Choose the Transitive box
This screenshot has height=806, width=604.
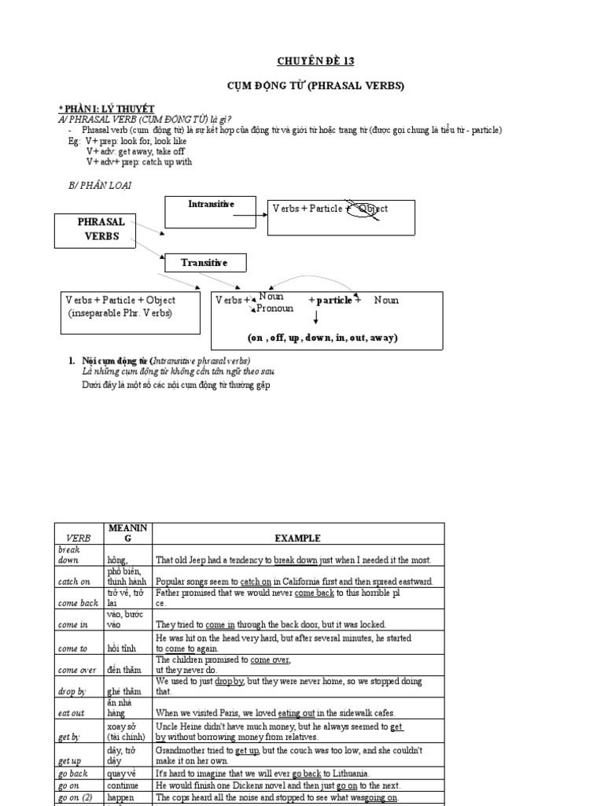(204, 263)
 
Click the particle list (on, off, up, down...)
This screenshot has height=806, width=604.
(322, 338)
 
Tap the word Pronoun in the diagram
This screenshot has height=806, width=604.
(275, 309)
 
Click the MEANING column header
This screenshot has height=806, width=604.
(128, 532)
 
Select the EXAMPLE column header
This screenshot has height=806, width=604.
(297, 538)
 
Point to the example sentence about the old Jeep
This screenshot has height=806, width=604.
(293, 560)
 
